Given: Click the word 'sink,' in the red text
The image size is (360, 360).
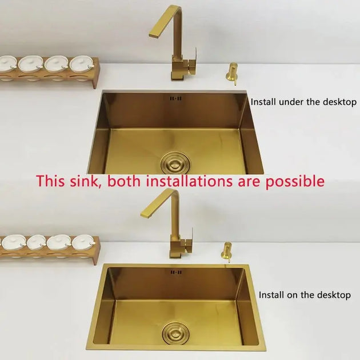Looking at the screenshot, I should (x=86, y=182).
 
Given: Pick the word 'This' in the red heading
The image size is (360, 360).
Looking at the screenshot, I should (x=50, y=182).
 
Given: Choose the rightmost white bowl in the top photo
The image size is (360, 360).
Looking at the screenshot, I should (x=81, y=64).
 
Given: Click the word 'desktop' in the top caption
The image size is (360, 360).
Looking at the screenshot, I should (x=340, y=102).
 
